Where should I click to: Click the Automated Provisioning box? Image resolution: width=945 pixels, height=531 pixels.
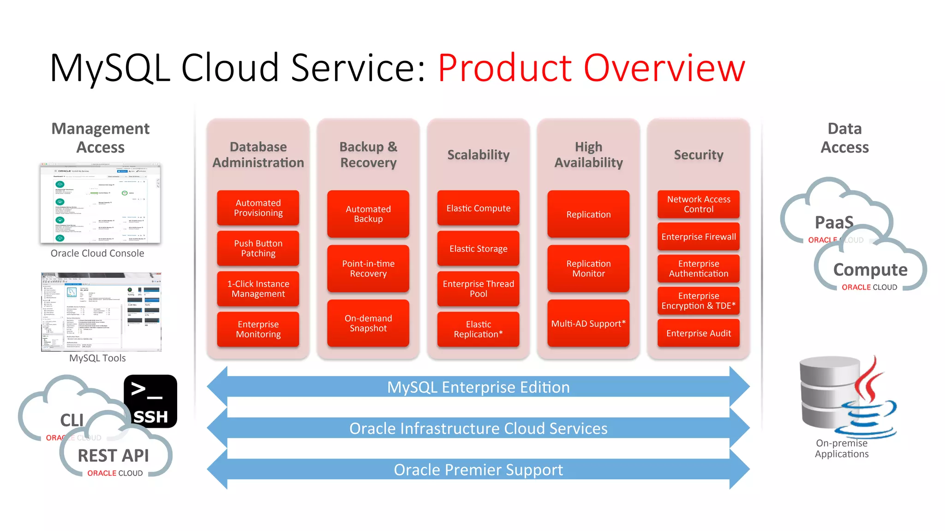click(258, 208)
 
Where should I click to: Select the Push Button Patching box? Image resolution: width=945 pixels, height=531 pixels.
click(258, 248)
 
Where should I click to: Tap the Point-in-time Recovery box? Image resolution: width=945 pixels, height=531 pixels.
click(368, 269)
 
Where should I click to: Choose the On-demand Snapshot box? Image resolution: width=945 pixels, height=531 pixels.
click(368, 323)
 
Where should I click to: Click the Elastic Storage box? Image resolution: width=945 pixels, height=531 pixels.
click(478, 249)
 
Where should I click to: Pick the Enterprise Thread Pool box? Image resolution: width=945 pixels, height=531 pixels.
click(478, 289)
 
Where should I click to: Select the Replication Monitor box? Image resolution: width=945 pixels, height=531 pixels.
click(588, 269)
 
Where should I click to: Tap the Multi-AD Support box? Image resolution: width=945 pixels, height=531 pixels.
click(588, 324)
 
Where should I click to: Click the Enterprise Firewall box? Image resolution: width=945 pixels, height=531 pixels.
click(698, 237)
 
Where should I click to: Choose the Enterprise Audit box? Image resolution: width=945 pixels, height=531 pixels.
click(698, 333)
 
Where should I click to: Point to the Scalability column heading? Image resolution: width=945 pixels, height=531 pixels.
click(478, 155)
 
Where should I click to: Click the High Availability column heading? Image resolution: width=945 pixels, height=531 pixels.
click(588, 155)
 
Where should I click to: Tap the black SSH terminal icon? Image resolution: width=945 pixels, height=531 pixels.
click(150, 401)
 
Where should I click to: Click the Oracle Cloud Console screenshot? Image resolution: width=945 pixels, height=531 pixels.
click(100, 203)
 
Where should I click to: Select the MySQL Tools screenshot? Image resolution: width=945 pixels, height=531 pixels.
click(101, 312)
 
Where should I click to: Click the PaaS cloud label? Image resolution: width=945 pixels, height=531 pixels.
click(833, 223)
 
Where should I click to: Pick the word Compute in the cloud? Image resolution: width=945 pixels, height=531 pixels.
click(870, 270)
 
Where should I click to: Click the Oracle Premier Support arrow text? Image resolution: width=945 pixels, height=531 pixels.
click(478, 470)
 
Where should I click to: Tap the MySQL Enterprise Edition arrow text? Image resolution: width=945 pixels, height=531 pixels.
click(478, 387)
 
